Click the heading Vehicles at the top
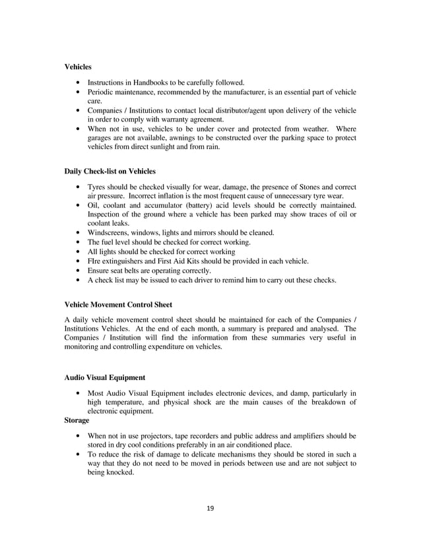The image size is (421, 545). [x=79, y=67]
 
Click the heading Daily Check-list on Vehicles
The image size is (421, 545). [x=110, y=171]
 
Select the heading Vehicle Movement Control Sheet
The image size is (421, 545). [x=118, y=305]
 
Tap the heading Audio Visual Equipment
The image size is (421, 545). [x=104, y=378]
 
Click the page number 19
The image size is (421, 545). [x=210, y=508]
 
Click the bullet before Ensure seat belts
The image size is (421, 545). [x=80, y=271]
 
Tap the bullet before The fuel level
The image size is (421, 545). [x=80, y=243]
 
